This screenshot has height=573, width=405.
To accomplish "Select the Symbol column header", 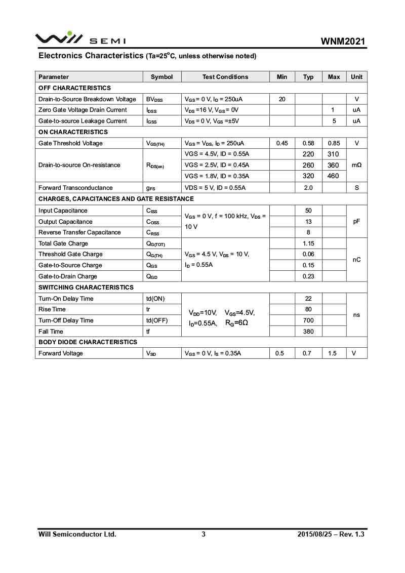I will [x=161, y=77].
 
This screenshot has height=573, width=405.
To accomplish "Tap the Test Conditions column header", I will [x=225, y=77].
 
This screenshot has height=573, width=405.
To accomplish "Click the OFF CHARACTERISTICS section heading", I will [x=74, y=88].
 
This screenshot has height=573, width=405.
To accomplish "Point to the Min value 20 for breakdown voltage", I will [x=282, y=99].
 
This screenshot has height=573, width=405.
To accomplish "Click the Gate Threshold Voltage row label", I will [x=70, y=143].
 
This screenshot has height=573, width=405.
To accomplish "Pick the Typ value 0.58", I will [x=308, y=143].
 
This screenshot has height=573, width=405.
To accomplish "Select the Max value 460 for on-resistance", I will [x=334, y=176].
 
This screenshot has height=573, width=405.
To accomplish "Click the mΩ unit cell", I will [x=356, y=165].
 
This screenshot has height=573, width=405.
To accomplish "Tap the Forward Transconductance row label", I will [x=75, y=188].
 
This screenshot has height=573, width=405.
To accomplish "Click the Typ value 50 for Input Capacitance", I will [x=308, y=211].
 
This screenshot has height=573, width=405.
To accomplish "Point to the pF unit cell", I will [x=356, y=222].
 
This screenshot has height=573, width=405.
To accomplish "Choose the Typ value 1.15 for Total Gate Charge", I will [x=308, y=243].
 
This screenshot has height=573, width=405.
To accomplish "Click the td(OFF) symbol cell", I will [x=156, y=320].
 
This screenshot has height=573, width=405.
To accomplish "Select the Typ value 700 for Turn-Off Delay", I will [x=308, y=320].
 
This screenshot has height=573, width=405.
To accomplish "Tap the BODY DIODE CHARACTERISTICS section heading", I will [x=88, y=342].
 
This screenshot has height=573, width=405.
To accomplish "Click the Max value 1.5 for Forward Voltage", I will [x=332, y=353].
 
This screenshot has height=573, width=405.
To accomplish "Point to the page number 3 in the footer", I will [x=203, y=534].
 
